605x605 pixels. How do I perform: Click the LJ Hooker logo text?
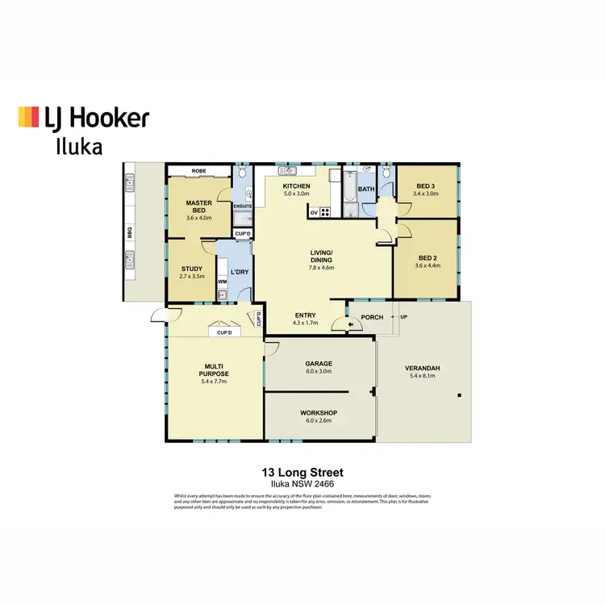click(x=96, y=119)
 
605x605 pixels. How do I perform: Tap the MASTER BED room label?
click(x=198, y=207)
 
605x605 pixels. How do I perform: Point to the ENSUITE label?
click(x=243, y=207)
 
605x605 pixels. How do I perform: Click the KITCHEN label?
click(x=296, y=186)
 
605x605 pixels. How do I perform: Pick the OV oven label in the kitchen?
click(x=313, y=213)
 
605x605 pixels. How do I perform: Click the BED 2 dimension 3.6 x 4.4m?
click(x=425, y=266)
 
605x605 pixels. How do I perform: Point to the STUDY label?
click(x=192, y=269)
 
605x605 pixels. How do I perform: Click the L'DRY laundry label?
click(x=240, y=271)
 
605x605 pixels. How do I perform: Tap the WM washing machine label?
click(x=221, y=281)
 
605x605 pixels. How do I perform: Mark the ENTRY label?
click(x=305, y=315)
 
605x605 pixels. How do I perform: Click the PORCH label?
click(x=372, y=317)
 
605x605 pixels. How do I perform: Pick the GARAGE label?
click(x=319, y=364)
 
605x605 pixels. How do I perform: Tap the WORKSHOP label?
click(x=319, y=412)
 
